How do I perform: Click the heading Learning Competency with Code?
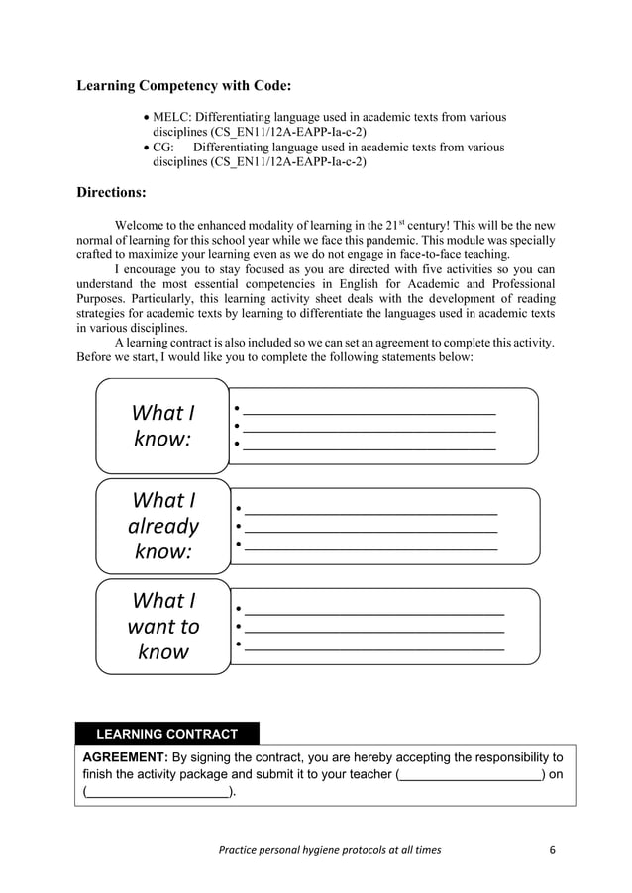[x=183, y=86]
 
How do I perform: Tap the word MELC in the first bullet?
[x=171, y=117]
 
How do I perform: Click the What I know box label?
[x=162, y=426]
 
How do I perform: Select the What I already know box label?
[x=162, y=526]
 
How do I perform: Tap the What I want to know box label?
[x=162, y=626]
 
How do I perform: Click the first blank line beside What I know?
[x=369, y=412]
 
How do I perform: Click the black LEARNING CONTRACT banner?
[x=166, y=734]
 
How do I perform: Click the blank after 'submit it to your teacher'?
[x=471, y=774]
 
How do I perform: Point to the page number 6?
[x=553, y=850]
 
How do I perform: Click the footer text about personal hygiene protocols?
[x=332, y=850]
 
